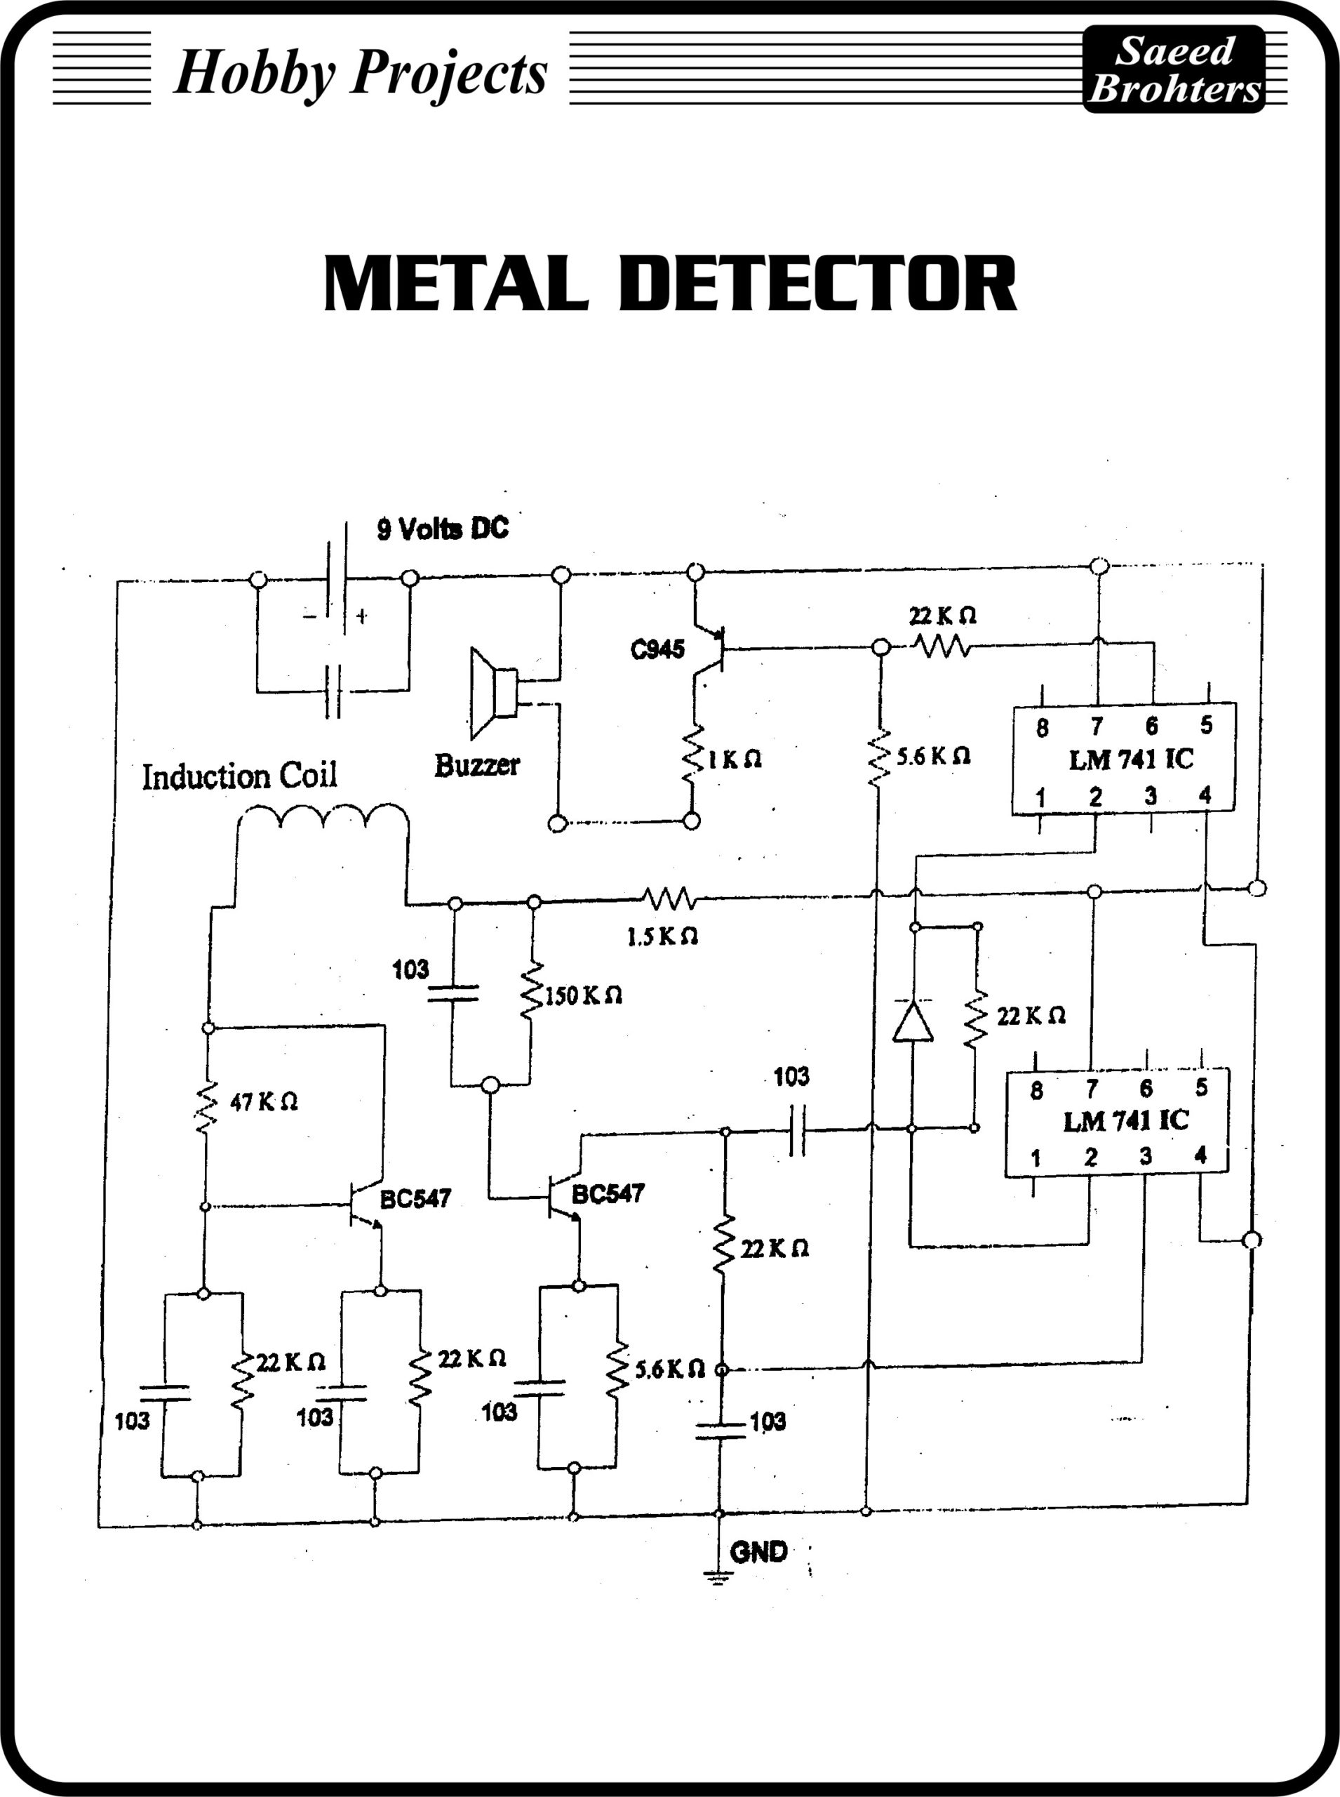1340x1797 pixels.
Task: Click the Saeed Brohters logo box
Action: coord(1174,69)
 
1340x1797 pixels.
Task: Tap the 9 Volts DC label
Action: coord(443,529)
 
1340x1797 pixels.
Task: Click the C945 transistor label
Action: coord(657,649)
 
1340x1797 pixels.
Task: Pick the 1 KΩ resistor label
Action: coord(735,760)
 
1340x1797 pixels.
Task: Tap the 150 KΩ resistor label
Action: coord(583,996)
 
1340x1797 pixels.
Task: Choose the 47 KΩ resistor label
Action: coord(264,1102)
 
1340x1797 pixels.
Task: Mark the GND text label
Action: coord(758,1553)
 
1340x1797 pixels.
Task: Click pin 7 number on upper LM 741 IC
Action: coord(1097,726)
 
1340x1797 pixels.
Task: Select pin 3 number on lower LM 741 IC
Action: coord(1146,1156)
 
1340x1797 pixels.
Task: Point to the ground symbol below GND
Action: coord(718,1577)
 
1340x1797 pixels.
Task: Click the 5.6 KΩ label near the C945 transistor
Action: coord(933,757)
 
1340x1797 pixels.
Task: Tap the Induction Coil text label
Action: coord(239,777)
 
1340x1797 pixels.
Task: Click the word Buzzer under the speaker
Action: coord(477,764)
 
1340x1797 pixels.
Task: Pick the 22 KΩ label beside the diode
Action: coord(1031,1016)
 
